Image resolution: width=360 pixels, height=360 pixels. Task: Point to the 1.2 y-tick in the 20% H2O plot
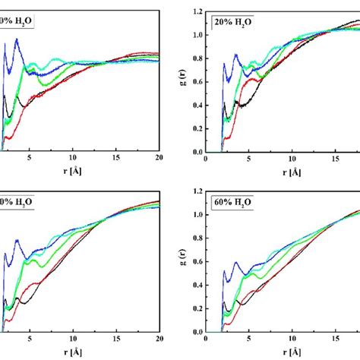[x=197, y=11]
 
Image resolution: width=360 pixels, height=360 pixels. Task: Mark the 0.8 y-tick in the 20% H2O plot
[x=197, y=58]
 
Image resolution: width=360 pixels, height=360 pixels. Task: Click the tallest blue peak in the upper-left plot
[x=16, y=39]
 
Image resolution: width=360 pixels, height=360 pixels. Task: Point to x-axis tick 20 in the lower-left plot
[x=159, y=340]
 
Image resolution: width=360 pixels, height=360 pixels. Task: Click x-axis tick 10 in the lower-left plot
[x=72, y=340]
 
